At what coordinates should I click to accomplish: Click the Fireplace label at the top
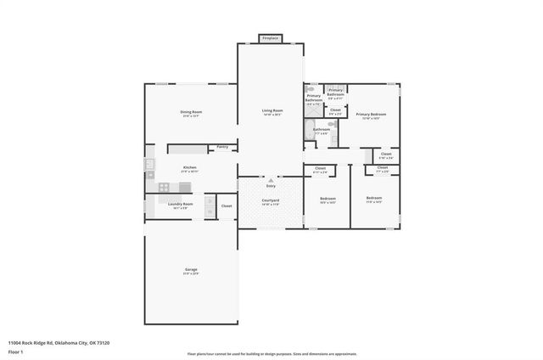[x=271, y=39]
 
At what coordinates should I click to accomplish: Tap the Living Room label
[x=271, y=111]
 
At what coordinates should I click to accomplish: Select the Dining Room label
[x=190, y=113]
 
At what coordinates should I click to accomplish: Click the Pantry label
[x=222, y=147]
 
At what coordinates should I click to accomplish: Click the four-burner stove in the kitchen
[x=150, y=176]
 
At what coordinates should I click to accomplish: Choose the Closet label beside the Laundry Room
[x=227, y=205]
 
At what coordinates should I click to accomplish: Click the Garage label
[x=191, y=270]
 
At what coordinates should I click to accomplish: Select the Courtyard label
[x=271, y=201]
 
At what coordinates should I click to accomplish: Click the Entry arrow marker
[x=271, y=181]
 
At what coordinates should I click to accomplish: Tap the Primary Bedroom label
[x=371, y=115]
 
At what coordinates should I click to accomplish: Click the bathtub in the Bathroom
[x=309, y=130]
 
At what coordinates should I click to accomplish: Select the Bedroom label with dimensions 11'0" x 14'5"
[x=373, y=199]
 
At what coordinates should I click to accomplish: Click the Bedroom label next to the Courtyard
[x=327, y=200]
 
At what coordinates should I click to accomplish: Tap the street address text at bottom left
[x=59, y=342]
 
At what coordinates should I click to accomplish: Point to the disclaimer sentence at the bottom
[x=271, y=352]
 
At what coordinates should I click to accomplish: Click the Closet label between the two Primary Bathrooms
[x=335, y=110]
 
